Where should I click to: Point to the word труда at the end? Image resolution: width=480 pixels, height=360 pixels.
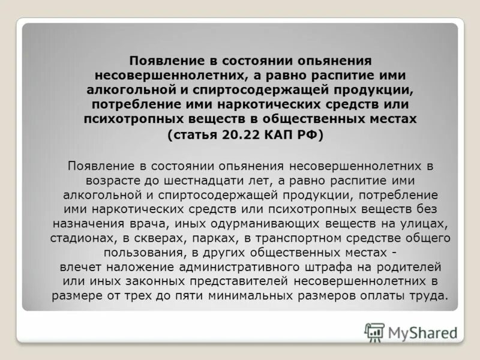pyautogui.click(x=431, y=295)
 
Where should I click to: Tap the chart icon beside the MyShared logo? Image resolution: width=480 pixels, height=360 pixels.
pyautogui.click(x=374, y=332)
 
